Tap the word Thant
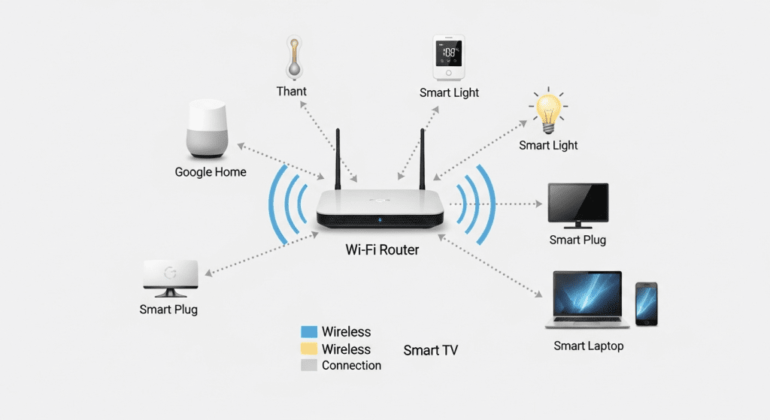click(x=292, y=92)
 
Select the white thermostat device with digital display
click(x=449, y=58)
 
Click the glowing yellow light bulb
click(x=547, y=111)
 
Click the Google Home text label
click(x=211, y=172)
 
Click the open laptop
click(x=587, y=299)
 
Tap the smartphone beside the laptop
click(x=646, y=304)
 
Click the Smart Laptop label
click(x=589, y=346)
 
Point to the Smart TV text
click(x=430, y=350)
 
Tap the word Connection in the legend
click(x=351, y=365)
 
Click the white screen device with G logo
click(x=170, y=276)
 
